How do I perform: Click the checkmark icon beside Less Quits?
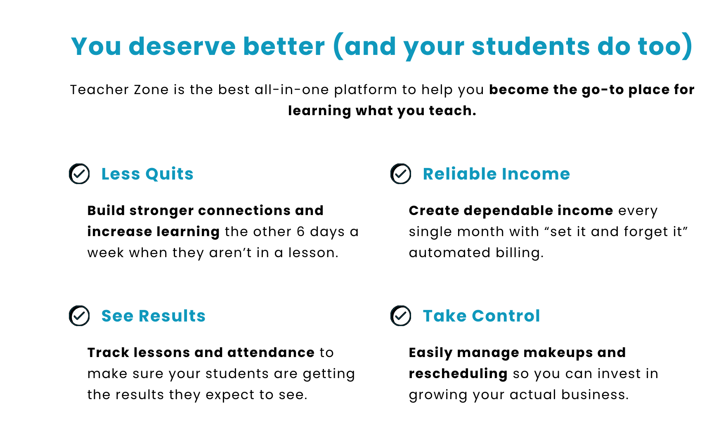click(x=79, y=174)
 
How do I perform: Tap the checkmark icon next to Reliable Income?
click(x=401, y=174)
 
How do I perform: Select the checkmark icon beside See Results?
click(x=79, y=316)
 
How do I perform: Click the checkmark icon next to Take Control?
click(x=401, y=316)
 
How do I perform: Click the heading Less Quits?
click(x=147, y=174)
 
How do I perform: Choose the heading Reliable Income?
click(x=496, y=174)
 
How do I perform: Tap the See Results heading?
click(x=154, y=316)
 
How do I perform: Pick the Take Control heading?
click(x=481, y=316)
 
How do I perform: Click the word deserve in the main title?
click(x=182, y=46)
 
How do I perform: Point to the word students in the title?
click(x=531, y=46)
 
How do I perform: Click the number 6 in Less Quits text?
click(x=300, y=232)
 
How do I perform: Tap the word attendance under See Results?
click(x=271, y=352)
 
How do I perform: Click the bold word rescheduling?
click(x=458, y=374)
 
